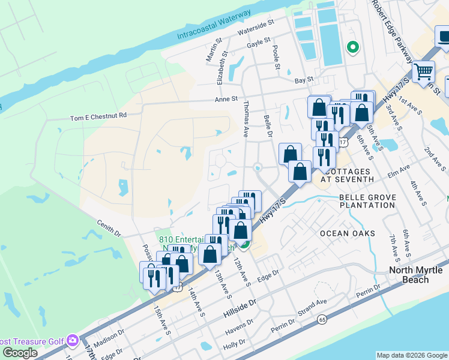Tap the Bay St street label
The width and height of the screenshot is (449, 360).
click(x=304, y=79)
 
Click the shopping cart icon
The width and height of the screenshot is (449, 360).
click(x=424, y=72)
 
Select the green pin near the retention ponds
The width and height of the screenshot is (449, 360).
click(x=352, y=46)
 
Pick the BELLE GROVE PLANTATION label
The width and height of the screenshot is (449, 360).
click(x=367, y=200)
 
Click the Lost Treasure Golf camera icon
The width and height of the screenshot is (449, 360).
click(x=73, y=341)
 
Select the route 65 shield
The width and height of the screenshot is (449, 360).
click(x=322, y=319)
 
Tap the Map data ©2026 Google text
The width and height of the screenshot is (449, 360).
click(x=411, y=355)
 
